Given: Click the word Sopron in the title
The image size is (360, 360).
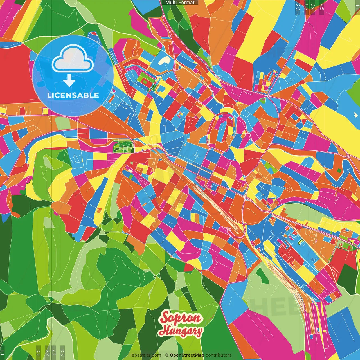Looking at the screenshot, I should click(x=181, y=318).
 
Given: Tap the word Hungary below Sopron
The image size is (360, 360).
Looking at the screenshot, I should click(x=181, y=331).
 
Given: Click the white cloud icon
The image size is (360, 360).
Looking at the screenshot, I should click(x=73, y=60).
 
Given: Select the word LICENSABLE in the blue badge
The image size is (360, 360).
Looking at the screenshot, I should click(x=73, y=95).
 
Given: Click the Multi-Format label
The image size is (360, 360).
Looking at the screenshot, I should click(x=180, y=3).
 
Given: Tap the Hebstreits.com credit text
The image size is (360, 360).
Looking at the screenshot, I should click(x=145, y=355).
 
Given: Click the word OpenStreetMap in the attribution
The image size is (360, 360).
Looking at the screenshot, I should click(x=187, y=355).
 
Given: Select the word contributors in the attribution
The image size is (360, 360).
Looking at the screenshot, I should click(x=219, y=355).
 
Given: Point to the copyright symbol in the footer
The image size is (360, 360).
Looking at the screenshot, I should click(x=166, y=355).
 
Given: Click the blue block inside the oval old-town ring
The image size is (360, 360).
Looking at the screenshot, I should click(x=222, y=132).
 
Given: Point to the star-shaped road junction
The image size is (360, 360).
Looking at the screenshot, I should click(x=269, y=96).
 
